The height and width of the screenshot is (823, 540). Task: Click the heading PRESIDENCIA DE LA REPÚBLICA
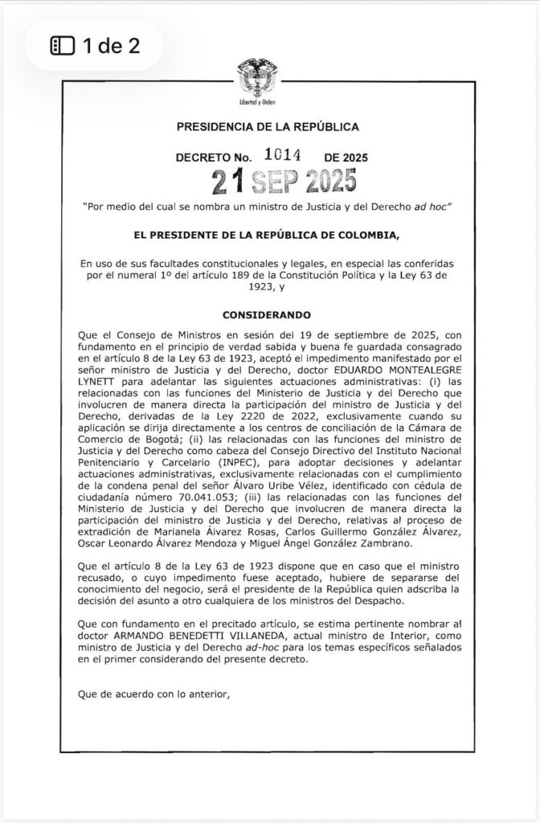pyautogui.click(x=268, y=127)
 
